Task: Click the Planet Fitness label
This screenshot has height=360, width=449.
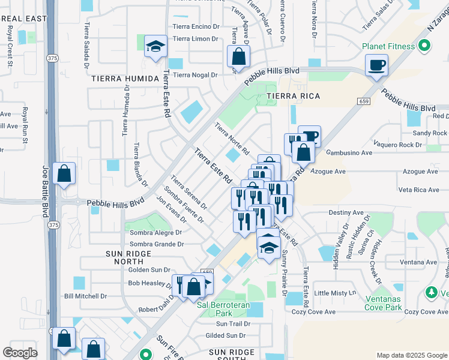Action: pos(388,46)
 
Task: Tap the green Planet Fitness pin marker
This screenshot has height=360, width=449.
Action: pos(425,45)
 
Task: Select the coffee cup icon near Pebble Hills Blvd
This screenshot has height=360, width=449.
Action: pos(376,65)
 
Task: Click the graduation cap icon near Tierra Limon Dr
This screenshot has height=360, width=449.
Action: pos(155,47)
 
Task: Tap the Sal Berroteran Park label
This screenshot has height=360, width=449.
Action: pos(223,309)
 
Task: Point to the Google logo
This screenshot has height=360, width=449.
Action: pos(20,353)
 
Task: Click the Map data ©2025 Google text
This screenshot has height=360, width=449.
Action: pos(411,355)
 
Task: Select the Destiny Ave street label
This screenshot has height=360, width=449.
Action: pos(346,213)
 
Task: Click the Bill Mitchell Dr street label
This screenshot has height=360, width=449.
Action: pos(85,296)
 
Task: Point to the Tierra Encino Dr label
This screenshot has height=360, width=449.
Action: pos(196,26)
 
